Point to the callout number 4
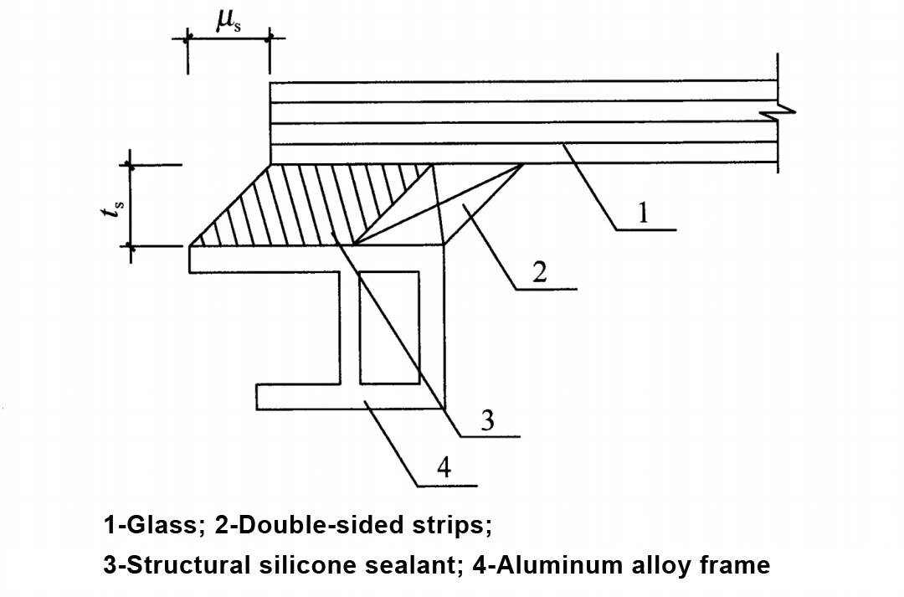[444, 468]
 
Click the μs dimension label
[227, 21]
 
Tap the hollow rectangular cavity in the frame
[389, 327]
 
